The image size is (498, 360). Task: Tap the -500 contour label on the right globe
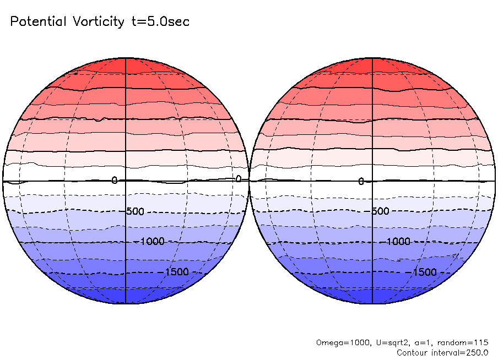380,211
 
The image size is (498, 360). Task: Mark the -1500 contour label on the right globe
424,272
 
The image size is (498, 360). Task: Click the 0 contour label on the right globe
361,182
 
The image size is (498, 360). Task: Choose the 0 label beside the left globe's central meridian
115,181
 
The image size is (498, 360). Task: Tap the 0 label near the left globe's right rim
239,179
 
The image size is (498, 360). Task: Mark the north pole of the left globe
126,58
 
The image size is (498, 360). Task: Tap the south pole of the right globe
372,303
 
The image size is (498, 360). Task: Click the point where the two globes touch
249,181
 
